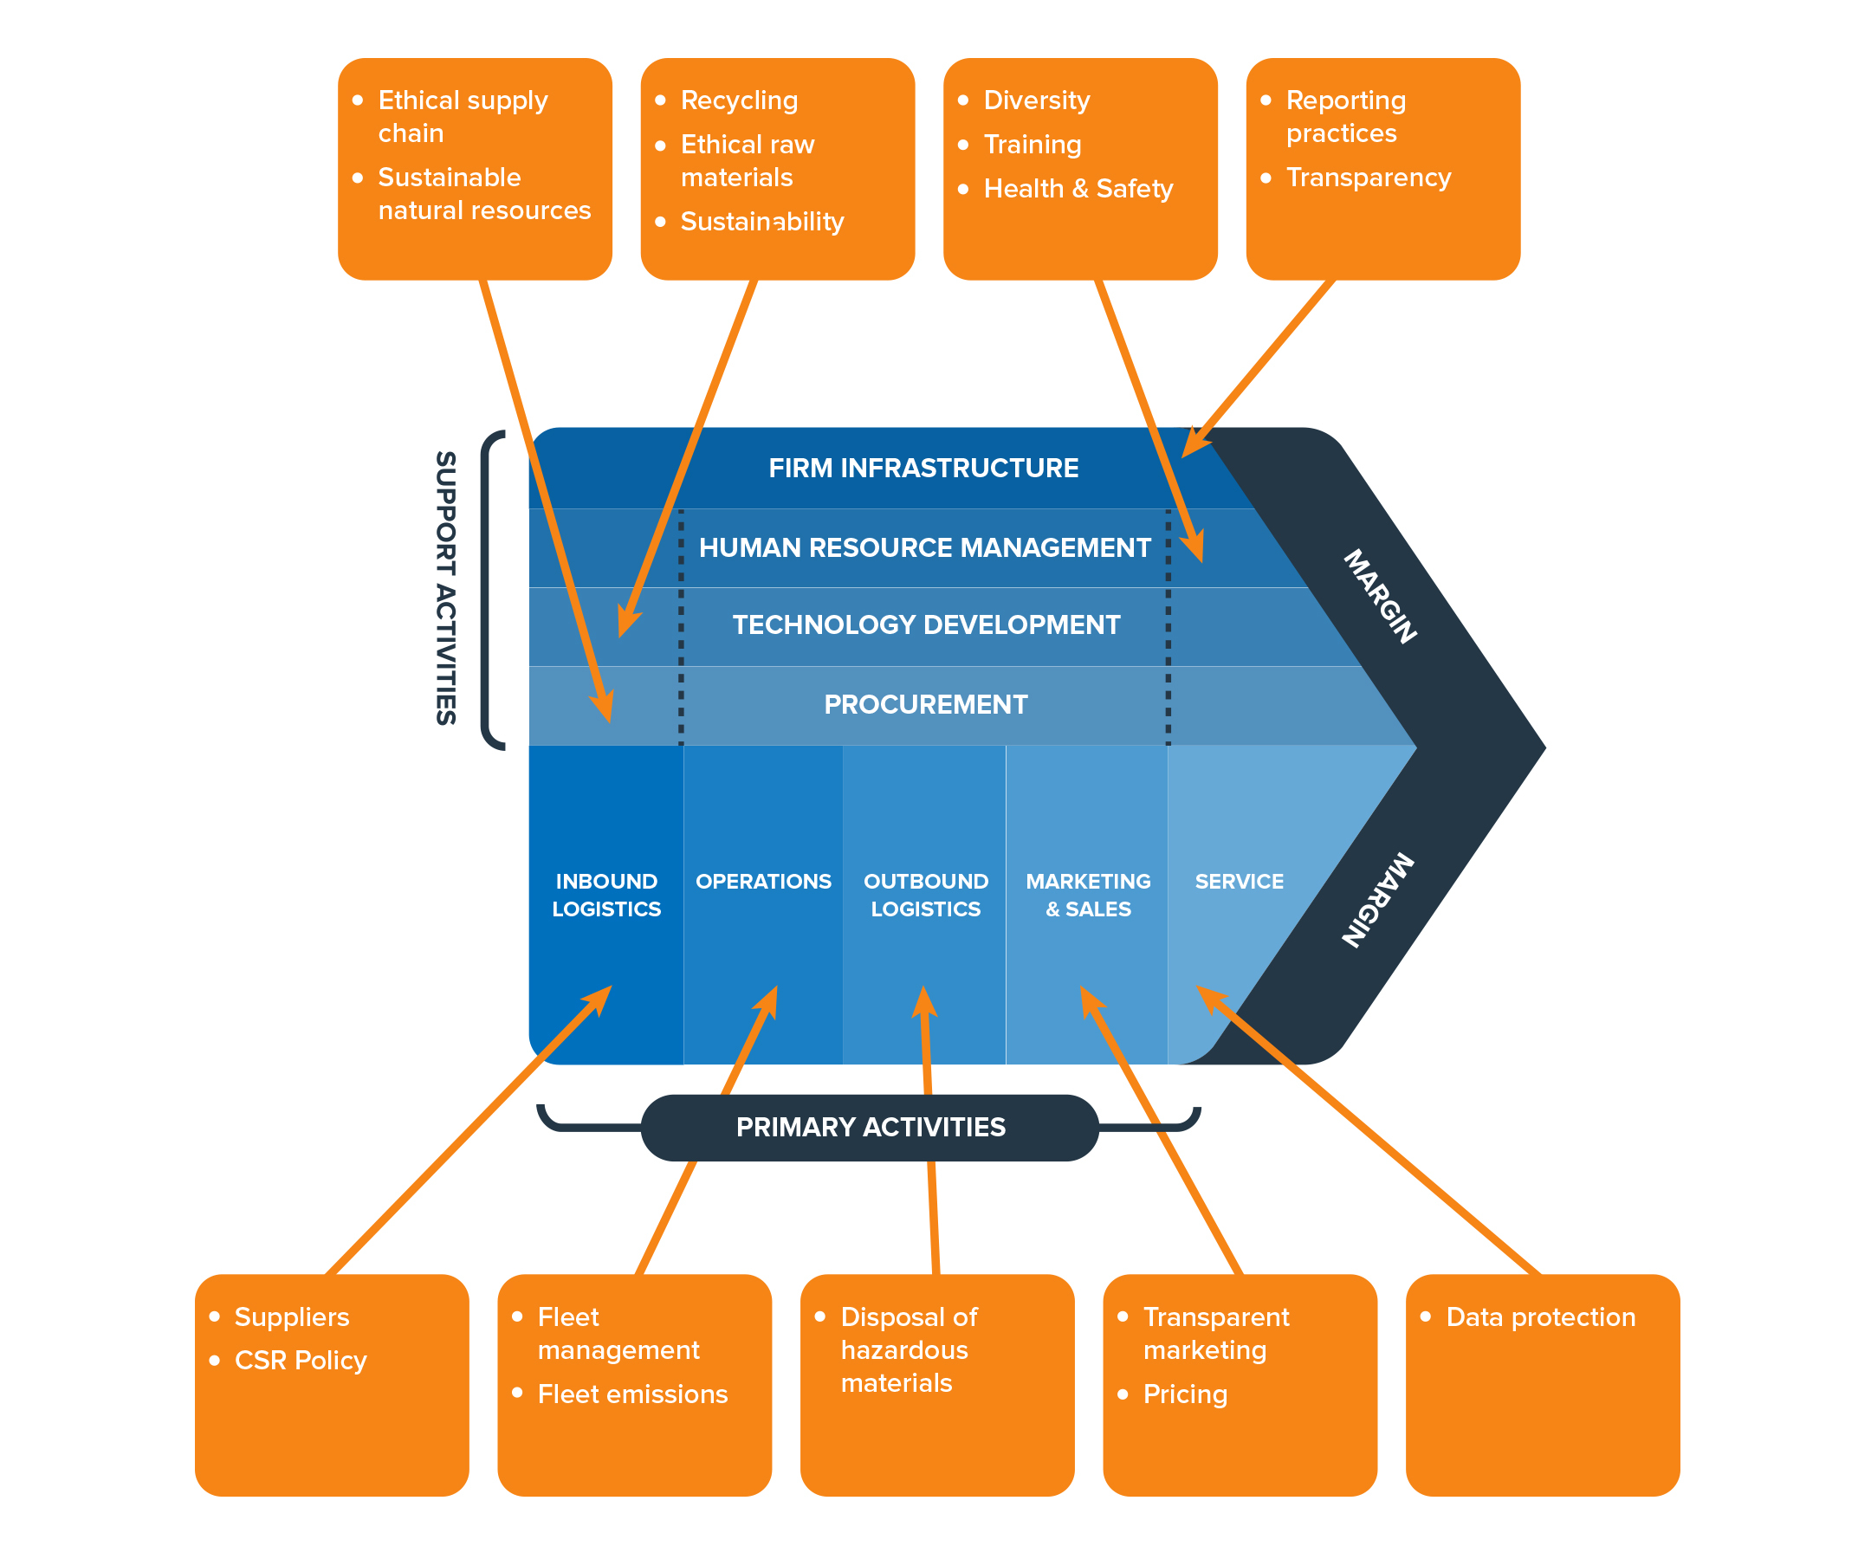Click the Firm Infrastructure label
[x=923, y=468]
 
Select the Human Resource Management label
[x=924, y=547]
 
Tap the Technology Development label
[x=926, y=624]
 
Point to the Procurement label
[x=925, y=704]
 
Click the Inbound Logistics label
[x=605, y=895]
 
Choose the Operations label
[x=762, y=881]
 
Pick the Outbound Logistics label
[x=926, y=895]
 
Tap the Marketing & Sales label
[x=1088, y=895]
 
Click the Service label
[x=1239, y=881]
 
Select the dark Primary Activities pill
[x=870, y=1127]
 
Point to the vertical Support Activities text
[x=445, y=588]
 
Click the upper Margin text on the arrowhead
[x=1379, y=596]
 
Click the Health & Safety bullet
[x=1078, y=188]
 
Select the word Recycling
[x=739, y=100]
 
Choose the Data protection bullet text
[x=1539, y=1316]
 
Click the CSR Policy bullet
[x=301, y=1361]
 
